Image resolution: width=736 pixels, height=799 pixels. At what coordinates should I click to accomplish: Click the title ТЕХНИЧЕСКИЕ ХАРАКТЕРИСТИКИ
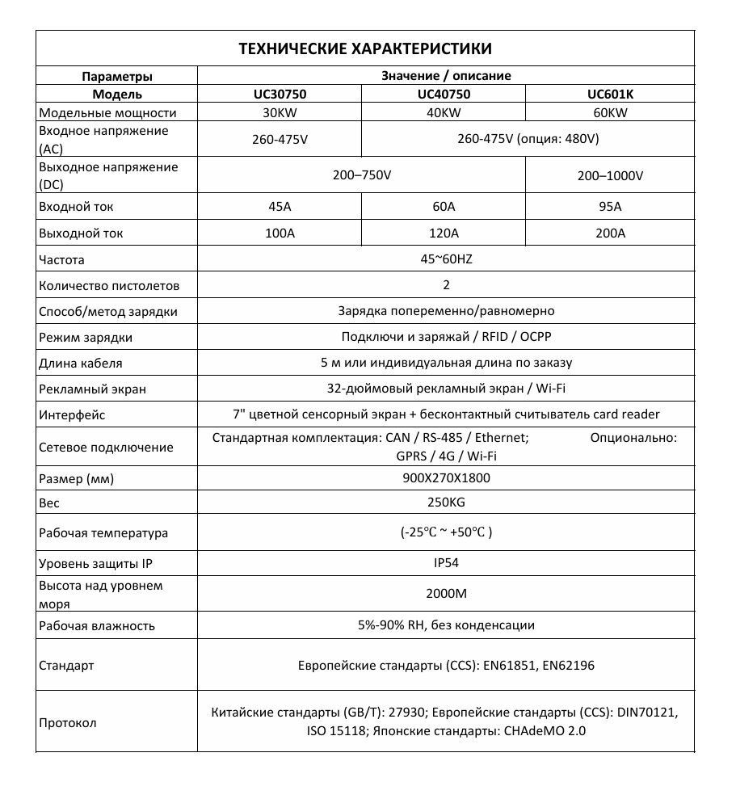tap(365, 48)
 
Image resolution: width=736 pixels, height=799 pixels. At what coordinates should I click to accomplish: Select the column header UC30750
tap(280, 94)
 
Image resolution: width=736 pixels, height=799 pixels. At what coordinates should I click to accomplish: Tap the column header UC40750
tap(444, 94)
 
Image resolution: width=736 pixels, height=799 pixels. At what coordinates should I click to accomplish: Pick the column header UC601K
tap(610, 94)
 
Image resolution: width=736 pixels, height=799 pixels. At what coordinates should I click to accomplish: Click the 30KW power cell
tap(280, 112)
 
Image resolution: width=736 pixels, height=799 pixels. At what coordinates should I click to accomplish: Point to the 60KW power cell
tap(610, 112)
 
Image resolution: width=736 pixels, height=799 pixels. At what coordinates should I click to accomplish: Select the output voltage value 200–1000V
tap(610, 175)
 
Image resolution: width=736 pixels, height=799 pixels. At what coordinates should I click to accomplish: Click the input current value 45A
tap(280, 207)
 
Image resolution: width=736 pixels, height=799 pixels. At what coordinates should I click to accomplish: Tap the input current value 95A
tap(610, 207)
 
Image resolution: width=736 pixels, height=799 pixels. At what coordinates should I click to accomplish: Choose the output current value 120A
tap(444, 233)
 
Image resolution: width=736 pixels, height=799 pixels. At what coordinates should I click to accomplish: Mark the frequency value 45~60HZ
tap(446, 259)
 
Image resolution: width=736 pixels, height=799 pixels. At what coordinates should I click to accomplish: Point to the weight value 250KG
tap(446, 503)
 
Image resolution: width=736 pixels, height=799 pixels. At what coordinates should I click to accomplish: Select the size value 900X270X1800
tap(446, 477)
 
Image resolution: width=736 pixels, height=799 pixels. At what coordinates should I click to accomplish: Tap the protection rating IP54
tap(446, 563)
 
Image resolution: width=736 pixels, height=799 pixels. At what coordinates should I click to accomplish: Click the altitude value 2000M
tap(446, 594)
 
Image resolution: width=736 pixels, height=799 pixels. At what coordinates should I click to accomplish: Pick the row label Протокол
tap(68, 722)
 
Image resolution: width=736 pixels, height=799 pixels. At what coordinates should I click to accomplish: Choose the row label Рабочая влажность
tap(97, 625)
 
